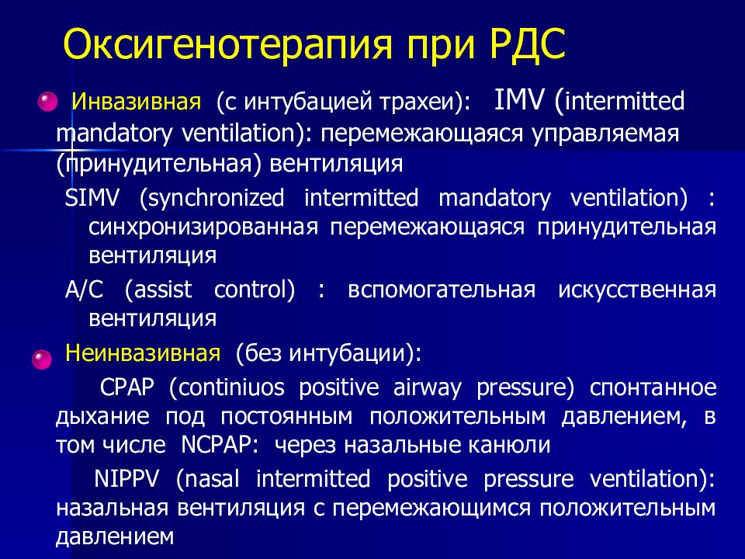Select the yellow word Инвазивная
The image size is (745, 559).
[x=137, y=102]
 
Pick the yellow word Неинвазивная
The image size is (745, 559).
[x=143, y=353]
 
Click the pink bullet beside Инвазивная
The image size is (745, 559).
[x=47, y=102]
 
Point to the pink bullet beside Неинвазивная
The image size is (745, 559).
[x=42, y=359]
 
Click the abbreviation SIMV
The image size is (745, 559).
[x=92, y=198]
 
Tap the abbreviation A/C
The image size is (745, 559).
[x=84, y=290]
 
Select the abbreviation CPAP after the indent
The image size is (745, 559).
[x=126, y=387]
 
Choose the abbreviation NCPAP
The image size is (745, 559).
[x=220, y=445]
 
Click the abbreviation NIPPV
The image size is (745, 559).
[x=126, y=479]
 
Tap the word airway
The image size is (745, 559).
[x=427, y=389]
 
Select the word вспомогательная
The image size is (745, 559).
[x=442, y=290]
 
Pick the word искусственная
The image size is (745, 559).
[x=637, y=290]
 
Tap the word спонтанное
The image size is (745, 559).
[x=653, y=388]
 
